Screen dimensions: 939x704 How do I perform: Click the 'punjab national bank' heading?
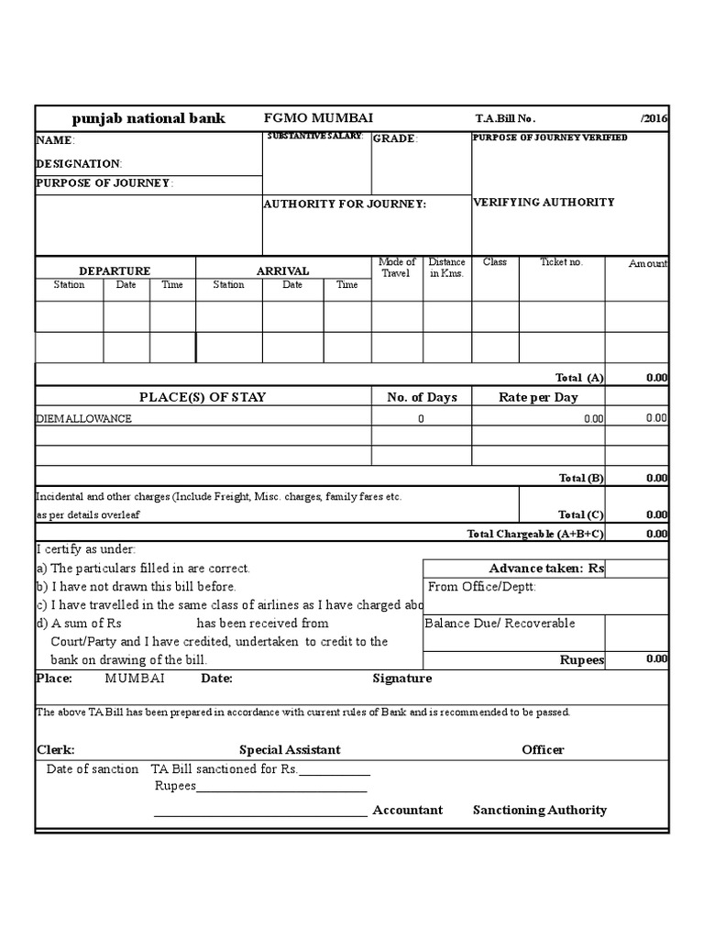click(148, 118)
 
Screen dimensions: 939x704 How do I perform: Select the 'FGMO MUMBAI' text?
click(318, 118)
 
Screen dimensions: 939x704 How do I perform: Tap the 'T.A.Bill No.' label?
click(505, 119)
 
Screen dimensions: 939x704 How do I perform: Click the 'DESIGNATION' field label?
click(79, 163)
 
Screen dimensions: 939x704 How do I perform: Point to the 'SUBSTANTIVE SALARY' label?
click(314, 136)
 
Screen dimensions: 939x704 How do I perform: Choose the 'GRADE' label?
click(394, 138)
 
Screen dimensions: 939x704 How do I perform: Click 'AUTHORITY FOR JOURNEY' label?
click(345, 204)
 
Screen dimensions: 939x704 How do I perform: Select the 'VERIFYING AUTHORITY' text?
click(544, 202)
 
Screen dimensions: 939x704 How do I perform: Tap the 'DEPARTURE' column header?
click(115, 271)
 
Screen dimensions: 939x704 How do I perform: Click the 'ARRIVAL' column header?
click(282, 271)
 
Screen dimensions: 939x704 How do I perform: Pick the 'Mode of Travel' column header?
click(397, 268)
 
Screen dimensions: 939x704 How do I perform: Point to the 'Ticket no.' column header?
click(561, 262)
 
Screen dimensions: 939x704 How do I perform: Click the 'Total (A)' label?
click(579, 377)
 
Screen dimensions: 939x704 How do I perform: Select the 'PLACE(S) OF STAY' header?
click(203, 397)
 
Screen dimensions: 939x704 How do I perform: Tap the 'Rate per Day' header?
click(538, 397)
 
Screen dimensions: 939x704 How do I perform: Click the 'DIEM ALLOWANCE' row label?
click(83, 418)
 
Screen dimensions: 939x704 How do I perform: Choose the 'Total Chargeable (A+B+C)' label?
click(535, 534)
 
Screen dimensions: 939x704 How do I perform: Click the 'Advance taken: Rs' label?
click(546, 569)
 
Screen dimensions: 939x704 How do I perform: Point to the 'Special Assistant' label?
click(290, 749)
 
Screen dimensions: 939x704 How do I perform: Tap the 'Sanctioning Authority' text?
click(539, 810)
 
